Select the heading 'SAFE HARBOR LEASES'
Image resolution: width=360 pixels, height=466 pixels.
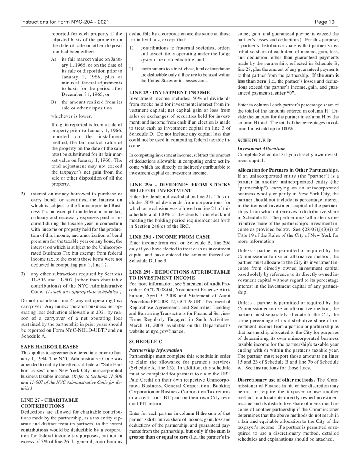pos(50,347)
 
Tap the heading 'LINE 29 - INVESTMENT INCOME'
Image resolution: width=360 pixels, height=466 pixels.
pos(169,92)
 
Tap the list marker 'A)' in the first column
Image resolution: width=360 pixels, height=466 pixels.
pos(53,59)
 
